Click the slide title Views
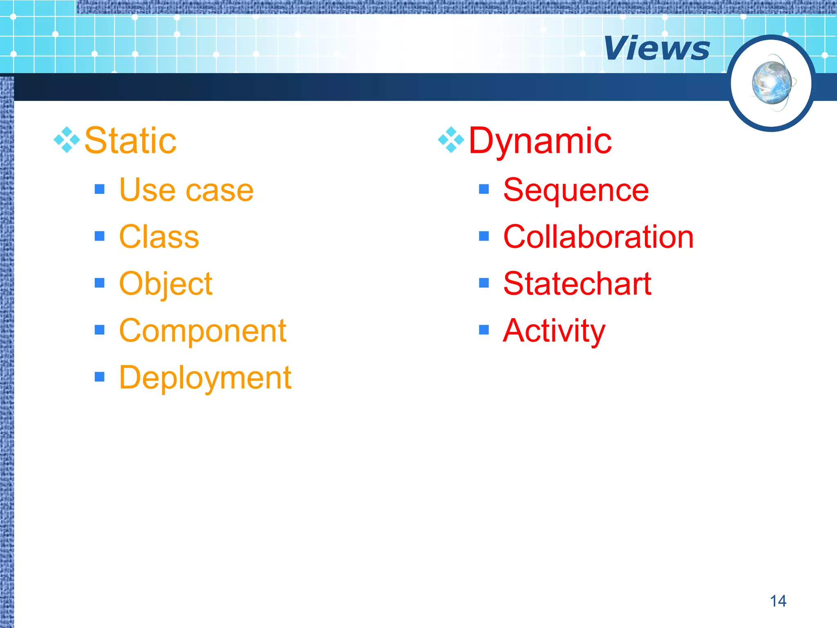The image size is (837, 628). (656, 48)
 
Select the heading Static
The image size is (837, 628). (130, 141)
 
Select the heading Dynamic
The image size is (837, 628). (540, 141)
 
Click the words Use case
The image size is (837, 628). (186, 190)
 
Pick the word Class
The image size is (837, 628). (159, 237)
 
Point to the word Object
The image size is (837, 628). (166, 284)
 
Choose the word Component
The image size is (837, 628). (203, 331)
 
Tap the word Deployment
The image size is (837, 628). (205, 377)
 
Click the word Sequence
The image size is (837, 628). (576, 190)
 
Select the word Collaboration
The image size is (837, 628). (598, 237)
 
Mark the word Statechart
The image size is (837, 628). (577, 284)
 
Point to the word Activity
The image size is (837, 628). (554, 331)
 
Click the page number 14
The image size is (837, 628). (778, 601)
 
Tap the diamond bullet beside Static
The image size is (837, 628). (67, 140)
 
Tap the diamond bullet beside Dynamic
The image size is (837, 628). (451, 140)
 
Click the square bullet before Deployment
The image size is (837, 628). (99, 377)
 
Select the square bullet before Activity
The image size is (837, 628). (484, 330)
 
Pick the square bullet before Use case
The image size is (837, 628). (99, 189)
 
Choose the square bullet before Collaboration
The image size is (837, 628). (484, 236)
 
